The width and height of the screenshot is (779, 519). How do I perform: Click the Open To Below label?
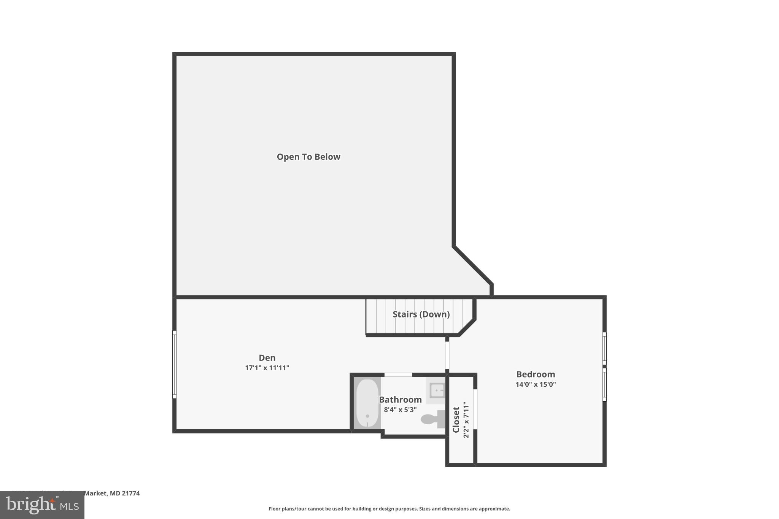coord(308,157)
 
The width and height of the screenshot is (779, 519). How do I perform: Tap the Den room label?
coord(267,358)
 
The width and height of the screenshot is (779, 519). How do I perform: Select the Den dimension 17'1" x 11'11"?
coord(267,368)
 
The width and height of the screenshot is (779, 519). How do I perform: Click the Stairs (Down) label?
coord(421,314)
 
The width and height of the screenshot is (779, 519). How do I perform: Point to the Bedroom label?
coord(536,374)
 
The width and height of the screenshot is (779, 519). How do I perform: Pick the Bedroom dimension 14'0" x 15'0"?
coord(536,384)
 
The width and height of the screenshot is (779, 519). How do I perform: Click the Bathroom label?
coord(400,400)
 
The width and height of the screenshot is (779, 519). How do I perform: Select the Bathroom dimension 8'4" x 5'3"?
coord(400,410)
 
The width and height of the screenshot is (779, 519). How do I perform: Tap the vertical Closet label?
coord(456,419)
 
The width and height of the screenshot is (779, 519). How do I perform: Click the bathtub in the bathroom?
coord(367,403)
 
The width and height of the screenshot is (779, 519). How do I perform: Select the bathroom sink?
coord(437,390)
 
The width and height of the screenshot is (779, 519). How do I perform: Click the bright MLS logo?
coord(42,505)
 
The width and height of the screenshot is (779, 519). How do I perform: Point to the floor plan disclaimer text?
coord(389,509)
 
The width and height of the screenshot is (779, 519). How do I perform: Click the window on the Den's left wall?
coord(175,364)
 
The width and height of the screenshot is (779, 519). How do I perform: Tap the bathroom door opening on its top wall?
coord(398,375)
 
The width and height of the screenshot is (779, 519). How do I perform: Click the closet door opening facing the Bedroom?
coord(475,409)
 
